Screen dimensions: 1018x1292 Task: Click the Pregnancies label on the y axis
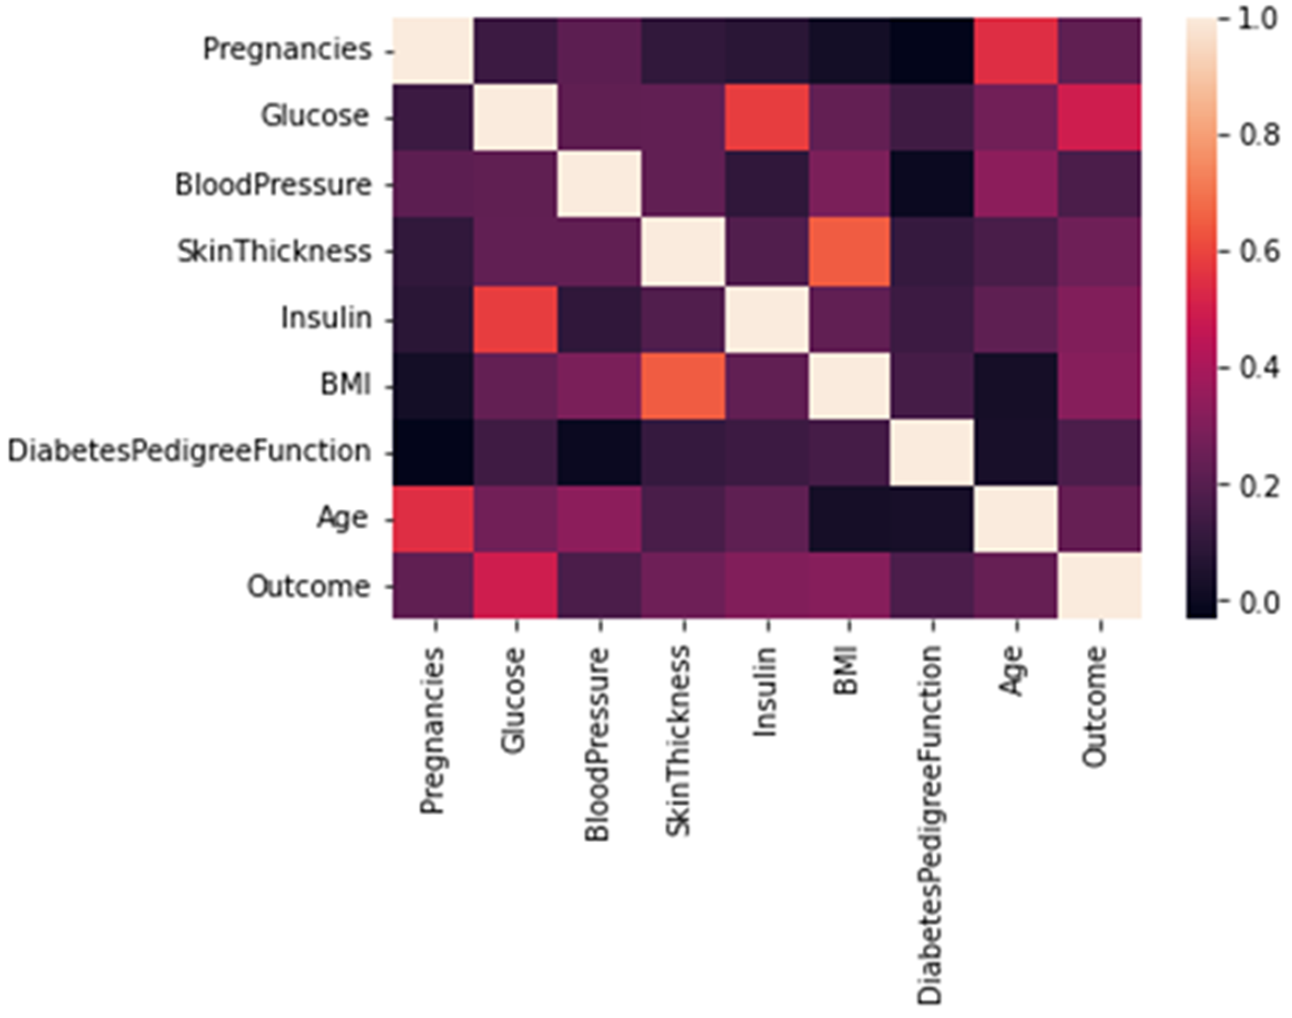tap(287, 50)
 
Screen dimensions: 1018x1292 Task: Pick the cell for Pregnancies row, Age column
tap(1016, 51)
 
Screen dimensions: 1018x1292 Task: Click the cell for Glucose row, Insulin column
tap(767, 117)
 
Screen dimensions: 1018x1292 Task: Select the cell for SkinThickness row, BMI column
tap(849, 251)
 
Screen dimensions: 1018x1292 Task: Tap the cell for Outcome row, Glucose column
tap(515, 585)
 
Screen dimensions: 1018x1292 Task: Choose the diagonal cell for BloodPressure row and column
tap(599, 184)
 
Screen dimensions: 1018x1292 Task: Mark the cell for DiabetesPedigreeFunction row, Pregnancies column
tap(433, 452)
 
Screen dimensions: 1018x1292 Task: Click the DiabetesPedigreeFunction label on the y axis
tap(189, 452)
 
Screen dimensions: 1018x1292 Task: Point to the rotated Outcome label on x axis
tap(1094, 706)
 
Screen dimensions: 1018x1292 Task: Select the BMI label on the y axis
tap(346, 385)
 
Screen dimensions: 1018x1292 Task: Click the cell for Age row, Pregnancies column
tap(433, 519)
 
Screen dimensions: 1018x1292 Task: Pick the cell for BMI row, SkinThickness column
tap(683, 385)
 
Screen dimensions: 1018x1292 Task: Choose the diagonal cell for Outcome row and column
tap(1099, 585)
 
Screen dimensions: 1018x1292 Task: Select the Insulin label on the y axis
tap(326, 318)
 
